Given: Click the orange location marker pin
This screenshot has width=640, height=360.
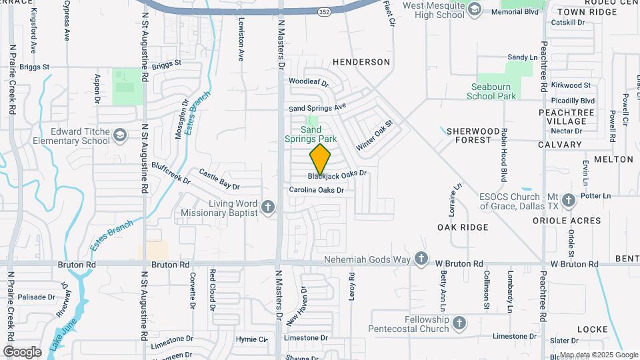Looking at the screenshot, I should (x=321, y=159).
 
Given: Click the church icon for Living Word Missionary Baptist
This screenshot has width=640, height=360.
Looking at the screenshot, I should (x=268, y=207).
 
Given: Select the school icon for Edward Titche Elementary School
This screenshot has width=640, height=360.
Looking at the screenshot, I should (x=120, y=136).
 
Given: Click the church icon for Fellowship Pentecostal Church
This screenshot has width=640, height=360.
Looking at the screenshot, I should (x=459, y=323).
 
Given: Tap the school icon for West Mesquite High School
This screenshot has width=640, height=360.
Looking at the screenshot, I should (x=474, y=9).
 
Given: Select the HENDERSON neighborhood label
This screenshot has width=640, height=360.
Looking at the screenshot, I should (x=363, y=62).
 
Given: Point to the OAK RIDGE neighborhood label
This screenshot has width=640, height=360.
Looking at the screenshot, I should (x=463, y=227).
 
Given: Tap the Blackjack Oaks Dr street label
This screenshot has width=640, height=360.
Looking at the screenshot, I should (x=337, y=175).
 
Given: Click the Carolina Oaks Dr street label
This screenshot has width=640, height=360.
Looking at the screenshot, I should (x=316, y=190).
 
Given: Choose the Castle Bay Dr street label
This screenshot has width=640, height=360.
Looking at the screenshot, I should (x=219, y=178).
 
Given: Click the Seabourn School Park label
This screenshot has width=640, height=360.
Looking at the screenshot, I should (x=493, y=91).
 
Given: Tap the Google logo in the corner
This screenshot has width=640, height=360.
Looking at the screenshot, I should (x=22, y=351).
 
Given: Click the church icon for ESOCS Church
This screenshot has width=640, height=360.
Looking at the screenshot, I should (x=568, y=200).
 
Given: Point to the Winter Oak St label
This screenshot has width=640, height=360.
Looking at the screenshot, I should (x=375, y=135).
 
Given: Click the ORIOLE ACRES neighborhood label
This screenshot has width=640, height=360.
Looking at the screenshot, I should (x=575, y=221).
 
